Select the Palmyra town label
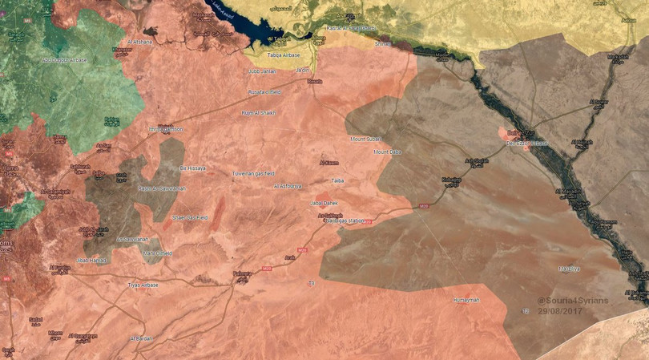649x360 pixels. click(241, 274)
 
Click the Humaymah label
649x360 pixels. click(466, 300)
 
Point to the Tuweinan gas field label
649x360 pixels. click(253, 173)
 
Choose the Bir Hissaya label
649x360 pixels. click(192, 168)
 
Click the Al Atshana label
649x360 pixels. click(139, 41)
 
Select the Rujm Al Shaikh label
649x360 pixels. click(258, 113)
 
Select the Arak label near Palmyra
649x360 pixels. click(289, 257)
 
